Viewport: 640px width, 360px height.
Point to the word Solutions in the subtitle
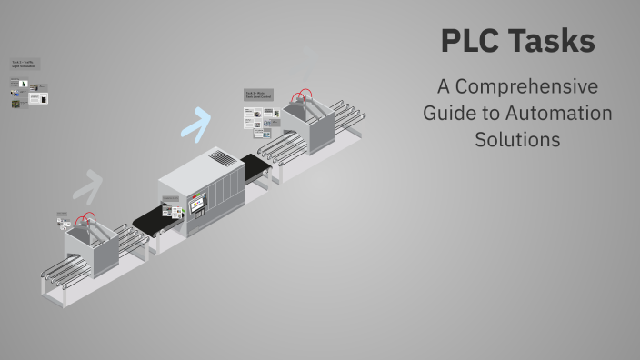pyautogui.click(x=516, y=140)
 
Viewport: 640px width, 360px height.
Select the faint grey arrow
pyautogui.click(x=86, y=185)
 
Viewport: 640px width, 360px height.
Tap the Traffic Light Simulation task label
pyautogui.click(x=25, y=65)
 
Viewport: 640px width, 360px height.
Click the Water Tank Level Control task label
pyautogui.click(x=259, y=95)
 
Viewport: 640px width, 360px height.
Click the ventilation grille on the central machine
pyautogui.click(x=222, y=158)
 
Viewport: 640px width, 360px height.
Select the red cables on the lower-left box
pyautogui.click(x=86, y=221)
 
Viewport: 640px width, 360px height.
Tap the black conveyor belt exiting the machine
pyautogui.click(x=256, y=167)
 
